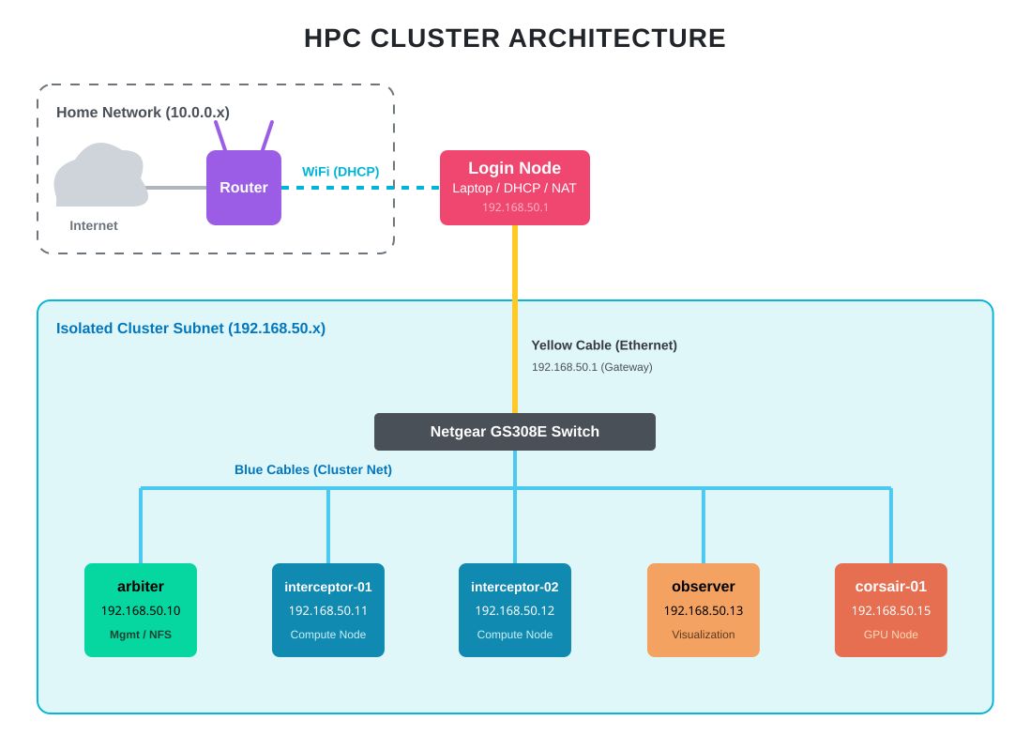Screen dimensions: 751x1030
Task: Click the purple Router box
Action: click(x=244, y=188)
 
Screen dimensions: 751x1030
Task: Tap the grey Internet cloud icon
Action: click(x=99, y=178)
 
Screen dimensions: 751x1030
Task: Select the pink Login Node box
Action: click(x=514, y=187)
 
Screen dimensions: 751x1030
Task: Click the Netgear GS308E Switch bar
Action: click(x=514, y=432)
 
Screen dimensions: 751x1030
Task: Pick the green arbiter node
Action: click(x=141, y=610)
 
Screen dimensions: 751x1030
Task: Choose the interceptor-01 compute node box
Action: click(x=328, y=610)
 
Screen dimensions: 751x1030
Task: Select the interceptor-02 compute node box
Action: click(x=514, y=610)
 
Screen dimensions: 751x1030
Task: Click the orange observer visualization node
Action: click(x=704, y=610)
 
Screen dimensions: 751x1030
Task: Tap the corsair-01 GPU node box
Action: click(x=891, y=610)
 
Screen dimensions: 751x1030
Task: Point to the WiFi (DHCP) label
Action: click(x=341, y=172)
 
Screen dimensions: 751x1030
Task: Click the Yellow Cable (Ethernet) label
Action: click(x=604, y=345)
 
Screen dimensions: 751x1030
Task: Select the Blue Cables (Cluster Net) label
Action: click(x=313, y=469)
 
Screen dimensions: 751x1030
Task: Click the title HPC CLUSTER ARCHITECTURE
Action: click(x=514, y=38)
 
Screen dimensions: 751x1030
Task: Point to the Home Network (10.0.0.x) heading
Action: click(x=143, y=113)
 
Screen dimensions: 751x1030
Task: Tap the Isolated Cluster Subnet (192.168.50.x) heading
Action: click(x=190, y=329)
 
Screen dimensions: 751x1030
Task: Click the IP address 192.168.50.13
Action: click(x=704, y=611)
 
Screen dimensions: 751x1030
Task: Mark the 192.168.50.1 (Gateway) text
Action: click(x=592, y=367)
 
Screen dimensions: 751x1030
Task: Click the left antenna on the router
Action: click(x=220, y=136)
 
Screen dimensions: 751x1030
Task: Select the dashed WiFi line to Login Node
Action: click(x=360, y=188)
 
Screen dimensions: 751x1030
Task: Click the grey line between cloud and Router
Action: click(x=176, y=188)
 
